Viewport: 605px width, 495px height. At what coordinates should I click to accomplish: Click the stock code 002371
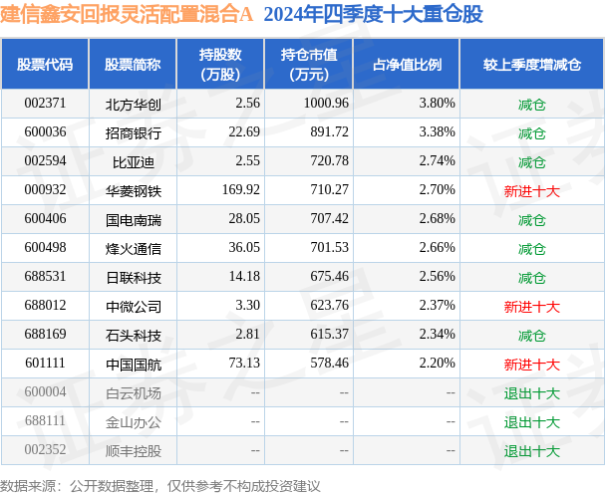45,103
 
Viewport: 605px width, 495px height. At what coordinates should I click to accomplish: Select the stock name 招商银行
133,131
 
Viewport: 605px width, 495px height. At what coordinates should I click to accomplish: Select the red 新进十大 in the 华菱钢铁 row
531,190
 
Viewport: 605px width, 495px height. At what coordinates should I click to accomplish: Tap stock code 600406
45,219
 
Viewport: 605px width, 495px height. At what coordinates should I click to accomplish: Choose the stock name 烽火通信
133,248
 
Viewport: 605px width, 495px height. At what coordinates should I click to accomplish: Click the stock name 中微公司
133,306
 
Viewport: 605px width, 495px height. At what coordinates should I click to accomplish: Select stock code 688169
45,335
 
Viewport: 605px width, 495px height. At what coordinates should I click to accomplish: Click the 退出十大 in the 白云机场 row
531,393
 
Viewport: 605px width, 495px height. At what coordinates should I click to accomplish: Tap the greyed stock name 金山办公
133,422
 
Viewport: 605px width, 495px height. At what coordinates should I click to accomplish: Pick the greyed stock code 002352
45,451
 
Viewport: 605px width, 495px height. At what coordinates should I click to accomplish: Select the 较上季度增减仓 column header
531,65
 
